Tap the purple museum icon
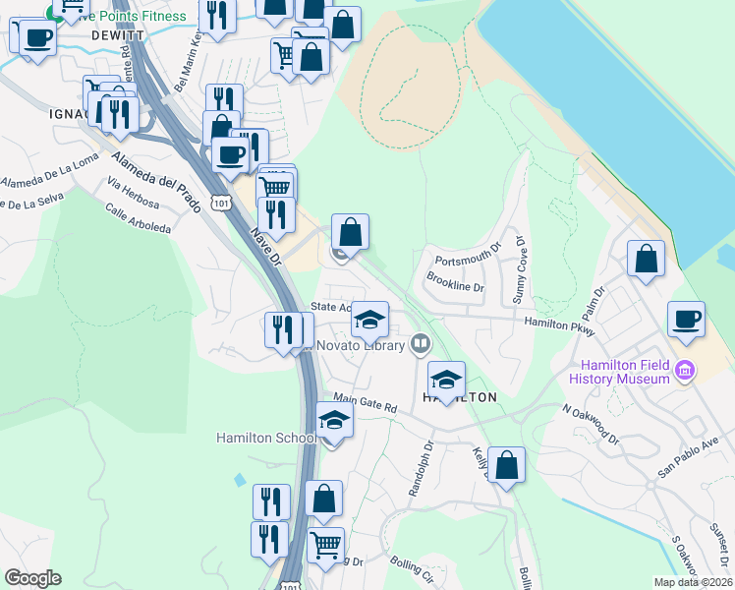click(x=686, y=371)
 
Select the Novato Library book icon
click(x=421, y=343)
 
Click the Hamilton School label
click(x=266, y=438)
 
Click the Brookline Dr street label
click(x=456, y=282)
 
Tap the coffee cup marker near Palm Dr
click(x=686, y=320)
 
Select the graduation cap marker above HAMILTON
click(x=446, y=380)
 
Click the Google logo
click(x=33, y=578)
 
